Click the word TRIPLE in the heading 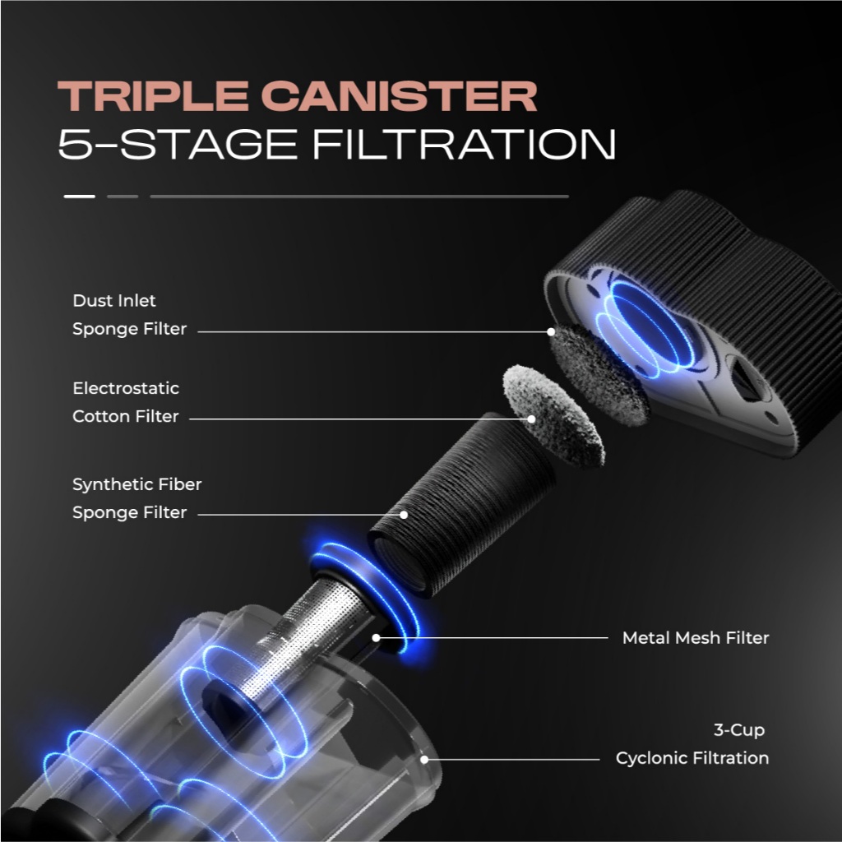153,96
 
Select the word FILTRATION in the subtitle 464,144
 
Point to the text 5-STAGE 178,144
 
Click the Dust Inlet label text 113,301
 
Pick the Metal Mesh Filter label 696,638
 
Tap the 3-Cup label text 739,730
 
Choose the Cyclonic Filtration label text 692,758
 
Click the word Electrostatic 126,388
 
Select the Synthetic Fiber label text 137,484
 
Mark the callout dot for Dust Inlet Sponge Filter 551,332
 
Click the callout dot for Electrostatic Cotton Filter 532,419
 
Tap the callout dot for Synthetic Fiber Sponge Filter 404,515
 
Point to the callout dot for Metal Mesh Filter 377,638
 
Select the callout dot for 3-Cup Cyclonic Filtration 424,759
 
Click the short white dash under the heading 80,197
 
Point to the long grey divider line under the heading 359,197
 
